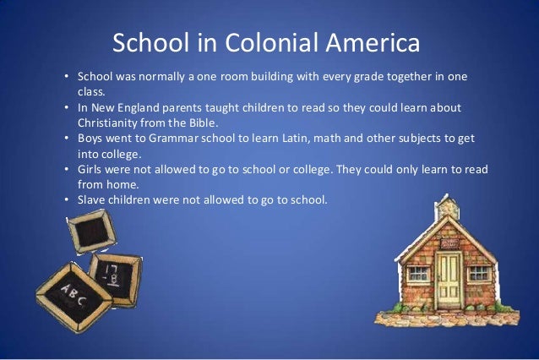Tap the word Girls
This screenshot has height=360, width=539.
coord(91,169)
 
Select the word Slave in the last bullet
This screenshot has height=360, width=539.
coord(93,199)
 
